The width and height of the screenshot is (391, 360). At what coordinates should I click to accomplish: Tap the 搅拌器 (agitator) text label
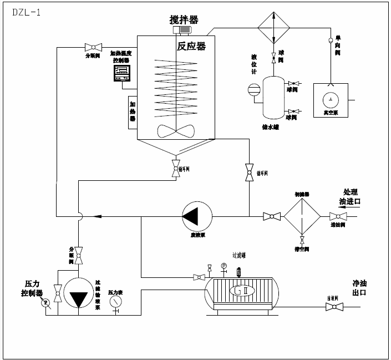(x=184, y=20)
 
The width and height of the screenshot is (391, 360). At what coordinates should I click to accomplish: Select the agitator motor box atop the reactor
(x=182, y=30)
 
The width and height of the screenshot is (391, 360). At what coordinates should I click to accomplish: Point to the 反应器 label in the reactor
(x=191, y=46)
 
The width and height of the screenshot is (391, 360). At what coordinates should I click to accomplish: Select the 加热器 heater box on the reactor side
(x=133, y=111)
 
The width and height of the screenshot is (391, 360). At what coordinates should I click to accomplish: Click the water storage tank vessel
(x=272, y=97)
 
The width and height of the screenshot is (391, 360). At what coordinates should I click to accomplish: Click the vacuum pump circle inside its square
(x=331, y=99)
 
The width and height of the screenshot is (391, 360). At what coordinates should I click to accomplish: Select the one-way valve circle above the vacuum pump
(x=331, y=39)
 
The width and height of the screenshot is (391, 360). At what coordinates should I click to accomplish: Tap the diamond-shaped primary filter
(x=302, y=216)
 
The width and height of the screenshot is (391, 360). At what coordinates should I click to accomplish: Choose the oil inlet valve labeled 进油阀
(x=338, y=216)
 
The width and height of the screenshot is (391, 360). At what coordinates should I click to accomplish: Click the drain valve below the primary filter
(x=302, y=241)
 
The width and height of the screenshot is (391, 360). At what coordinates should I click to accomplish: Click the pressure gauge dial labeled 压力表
(x=116, y=301)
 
